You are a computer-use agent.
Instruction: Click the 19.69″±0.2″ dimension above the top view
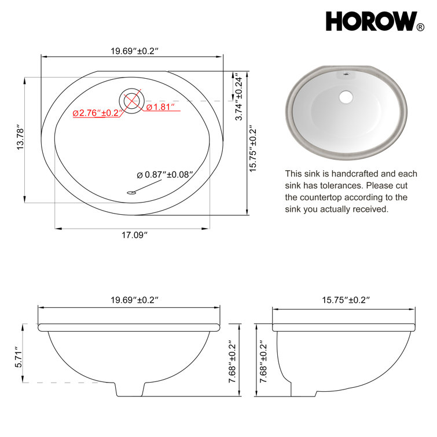coord(135,50)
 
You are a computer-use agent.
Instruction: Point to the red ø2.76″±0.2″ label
coord(96,113)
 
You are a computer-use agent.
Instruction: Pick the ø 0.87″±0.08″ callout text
coord(164,174)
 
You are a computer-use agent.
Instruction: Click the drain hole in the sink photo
coord(347,97)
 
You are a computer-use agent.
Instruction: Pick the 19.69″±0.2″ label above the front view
coord(134,300)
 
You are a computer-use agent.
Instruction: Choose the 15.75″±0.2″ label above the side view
coord(346,300)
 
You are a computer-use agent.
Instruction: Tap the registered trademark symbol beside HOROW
coord(420,27)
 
